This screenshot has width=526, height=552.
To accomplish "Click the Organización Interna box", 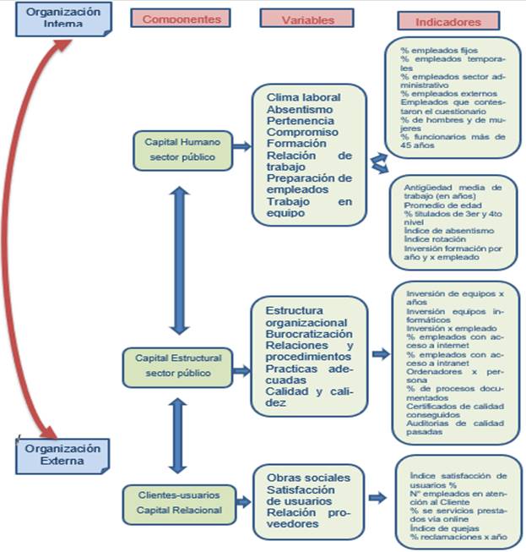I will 62,19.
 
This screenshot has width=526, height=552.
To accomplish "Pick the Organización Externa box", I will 62,455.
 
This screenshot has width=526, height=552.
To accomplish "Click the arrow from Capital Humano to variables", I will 241,147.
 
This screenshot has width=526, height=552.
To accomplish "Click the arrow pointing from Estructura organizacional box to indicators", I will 381,354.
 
